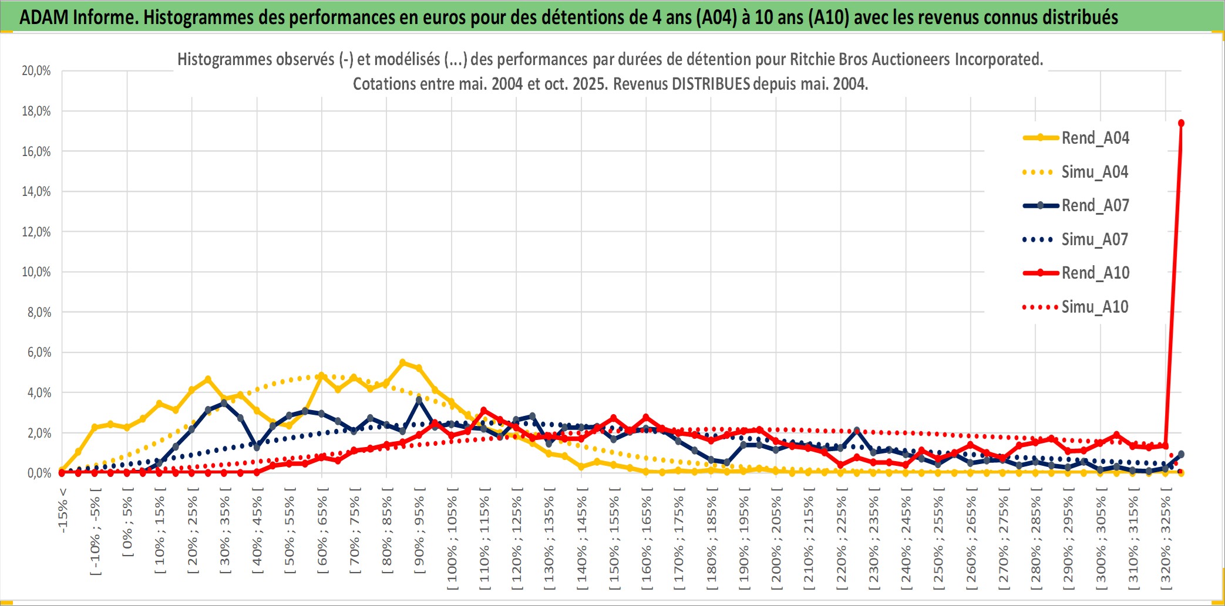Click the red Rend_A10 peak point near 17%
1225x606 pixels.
click(x=1181, y=123)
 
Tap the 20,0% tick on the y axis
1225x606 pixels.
click(x=36, y=71)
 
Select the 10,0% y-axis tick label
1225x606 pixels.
click(x=36, y=272)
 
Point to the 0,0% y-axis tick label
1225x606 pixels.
click(x=39, y=473)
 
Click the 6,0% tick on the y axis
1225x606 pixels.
click(x=39, y=353)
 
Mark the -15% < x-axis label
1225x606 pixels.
click(x=63, y=510)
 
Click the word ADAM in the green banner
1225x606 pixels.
click(x=45, y=18)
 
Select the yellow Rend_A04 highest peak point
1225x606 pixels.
click(x=402, y=363)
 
